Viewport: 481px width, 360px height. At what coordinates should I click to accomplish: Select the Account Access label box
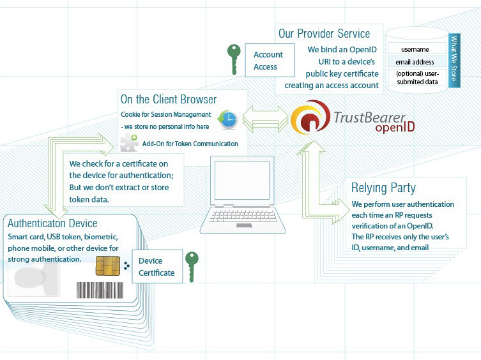[x=269, y=61]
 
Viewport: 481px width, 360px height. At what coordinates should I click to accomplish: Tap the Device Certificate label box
[x=157, y=267]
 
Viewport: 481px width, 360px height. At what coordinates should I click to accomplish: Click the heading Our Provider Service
[x=324, y=34]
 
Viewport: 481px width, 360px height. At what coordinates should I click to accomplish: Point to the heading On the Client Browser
[x=169, y=99]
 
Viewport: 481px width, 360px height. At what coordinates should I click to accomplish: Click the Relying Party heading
[x=383, y=188]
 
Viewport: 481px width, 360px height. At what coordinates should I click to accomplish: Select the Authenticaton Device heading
[x=52, y=223]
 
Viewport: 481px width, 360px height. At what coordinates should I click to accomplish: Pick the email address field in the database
[x=415, y=62]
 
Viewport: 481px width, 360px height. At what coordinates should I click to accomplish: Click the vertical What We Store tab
[x=454, y=59]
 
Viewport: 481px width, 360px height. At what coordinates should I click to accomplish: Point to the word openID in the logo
[x=395, y=128]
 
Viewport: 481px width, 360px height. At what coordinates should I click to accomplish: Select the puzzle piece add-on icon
[x=129, y=144]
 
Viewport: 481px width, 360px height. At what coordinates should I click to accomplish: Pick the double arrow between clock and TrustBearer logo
[x=262, y=118]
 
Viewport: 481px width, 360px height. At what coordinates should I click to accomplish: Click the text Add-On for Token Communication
[x=190, y=144]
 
